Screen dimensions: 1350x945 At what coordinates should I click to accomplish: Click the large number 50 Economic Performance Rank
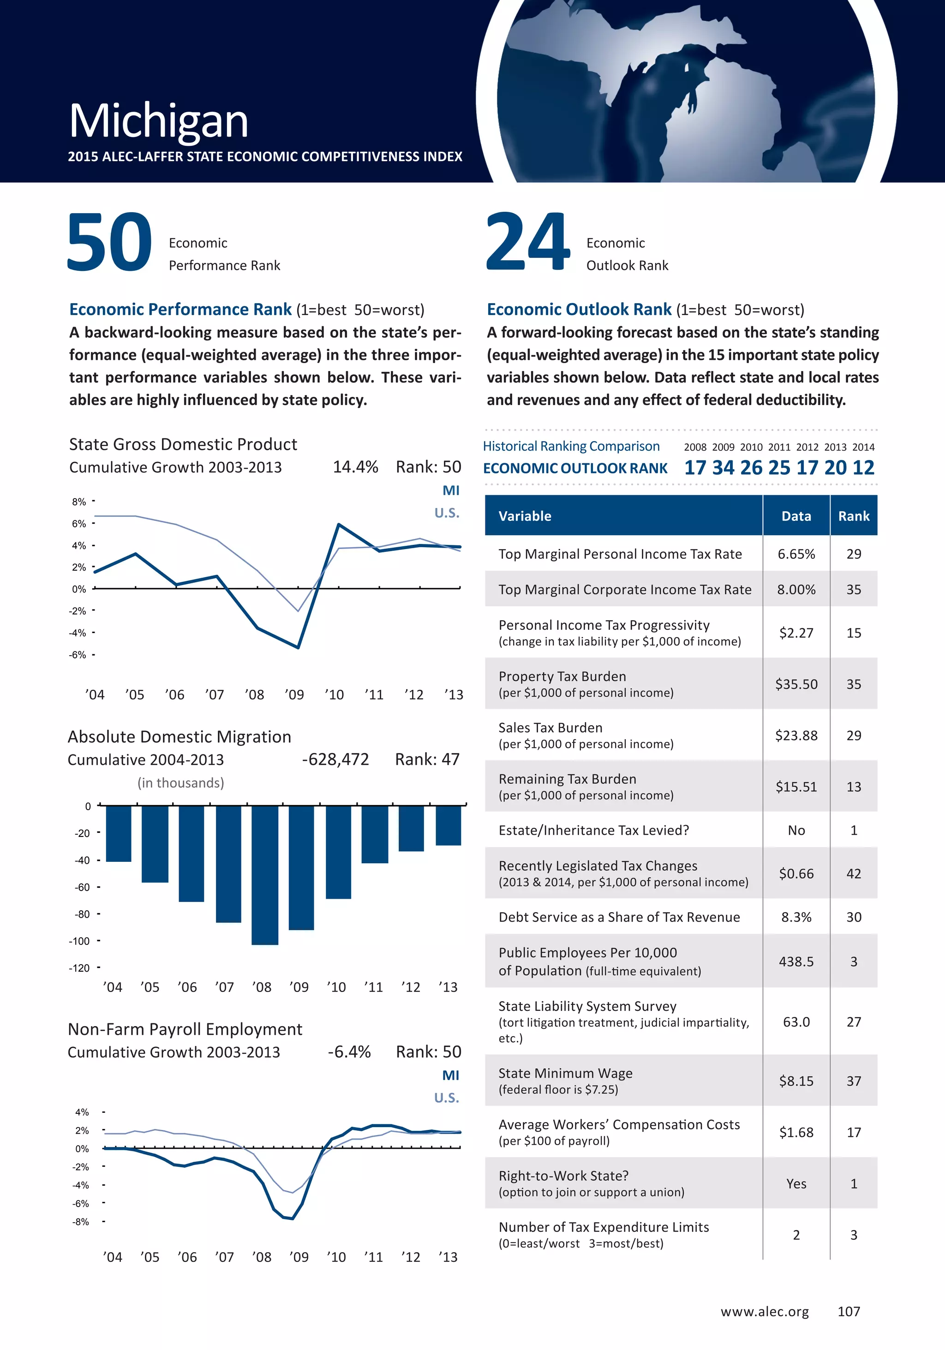point(109,242)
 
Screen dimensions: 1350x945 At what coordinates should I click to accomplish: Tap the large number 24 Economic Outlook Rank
point(527,242)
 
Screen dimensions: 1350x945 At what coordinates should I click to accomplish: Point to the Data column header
point(795,516)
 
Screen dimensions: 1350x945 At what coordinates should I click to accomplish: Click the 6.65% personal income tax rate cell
point(795,554)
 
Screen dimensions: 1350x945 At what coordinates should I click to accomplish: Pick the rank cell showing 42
point(853,874)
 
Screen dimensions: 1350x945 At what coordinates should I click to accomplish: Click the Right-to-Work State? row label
point(563,1176)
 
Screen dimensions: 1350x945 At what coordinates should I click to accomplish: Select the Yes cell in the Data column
point(795,1183)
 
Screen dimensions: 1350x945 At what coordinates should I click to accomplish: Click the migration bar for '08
point(264,875)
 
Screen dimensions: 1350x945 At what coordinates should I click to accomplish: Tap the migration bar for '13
point(448,825)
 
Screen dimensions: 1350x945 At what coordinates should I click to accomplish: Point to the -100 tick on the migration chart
point(79,941)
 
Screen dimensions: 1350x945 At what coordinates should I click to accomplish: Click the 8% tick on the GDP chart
point(79,502)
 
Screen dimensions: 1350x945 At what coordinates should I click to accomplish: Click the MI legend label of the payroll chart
point(450,1075)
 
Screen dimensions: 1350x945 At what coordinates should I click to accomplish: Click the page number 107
point(849,1311)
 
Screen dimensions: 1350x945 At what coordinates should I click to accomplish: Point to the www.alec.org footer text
point(765,1311)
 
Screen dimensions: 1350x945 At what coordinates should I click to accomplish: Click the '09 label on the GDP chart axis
point(294,695)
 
